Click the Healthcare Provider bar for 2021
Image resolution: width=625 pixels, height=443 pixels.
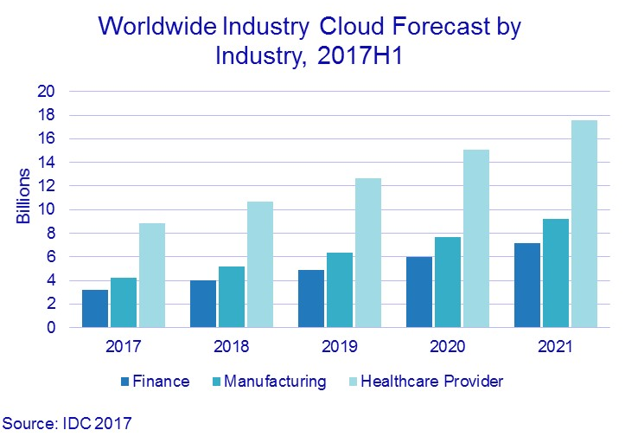(x=584, y=224)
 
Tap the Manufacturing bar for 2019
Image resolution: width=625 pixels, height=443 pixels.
(x=338, y=291)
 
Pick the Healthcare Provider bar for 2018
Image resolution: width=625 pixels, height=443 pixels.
(x=259, y=265)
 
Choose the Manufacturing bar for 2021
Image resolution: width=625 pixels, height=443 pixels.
(x=555, y=273)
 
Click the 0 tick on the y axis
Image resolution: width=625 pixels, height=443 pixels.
(x=51, y=328)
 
